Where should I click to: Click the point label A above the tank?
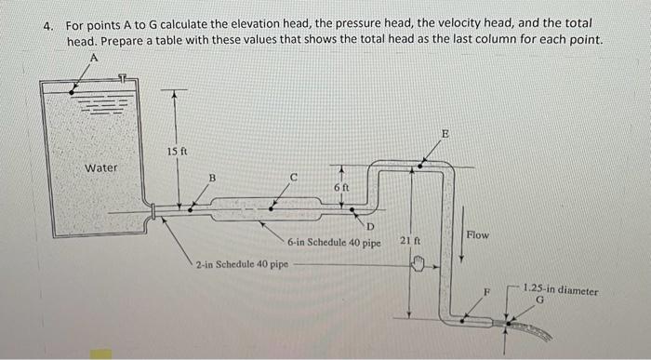tap(93, 58)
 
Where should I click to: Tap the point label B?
tap(211, 177)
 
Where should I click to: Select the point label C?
tap(294, 175)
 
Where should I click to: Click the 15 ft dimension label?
tap(179, 151)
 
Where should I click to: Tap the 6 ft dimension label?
tap(342, 188)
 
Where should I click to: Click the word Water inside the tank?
tap(100, 168)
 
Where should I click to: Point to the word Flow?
tap(477, 234)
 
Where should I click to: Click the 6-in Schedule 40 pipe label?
tap(334, 243)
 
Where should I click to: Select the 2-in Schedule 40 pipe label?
tap(242, 263)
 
